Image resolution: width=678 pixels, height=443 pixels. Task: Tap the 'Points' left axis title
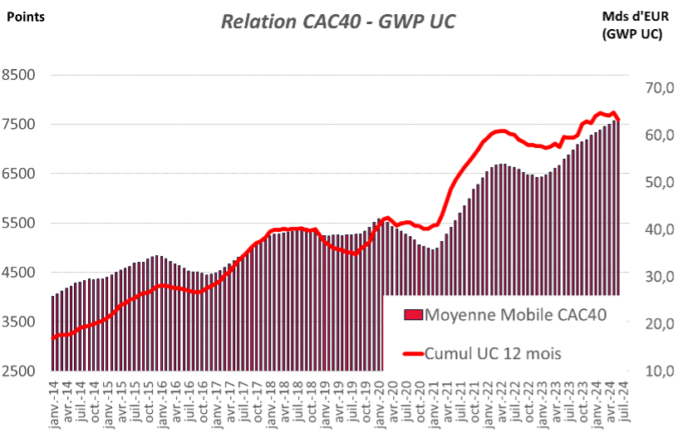[x=26, y=16]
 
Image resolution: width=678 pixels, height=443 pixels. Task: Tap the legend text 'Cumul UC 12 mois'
[x=493, y=353]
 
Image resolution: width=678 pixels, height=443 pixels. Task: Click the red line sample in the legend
[x=413, y=353]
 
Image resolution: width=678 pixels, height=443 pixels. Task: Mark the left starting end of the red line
[x=53, y=338]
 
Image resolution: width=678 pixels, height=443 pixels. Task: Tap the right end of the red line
[x=618, y=120]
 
